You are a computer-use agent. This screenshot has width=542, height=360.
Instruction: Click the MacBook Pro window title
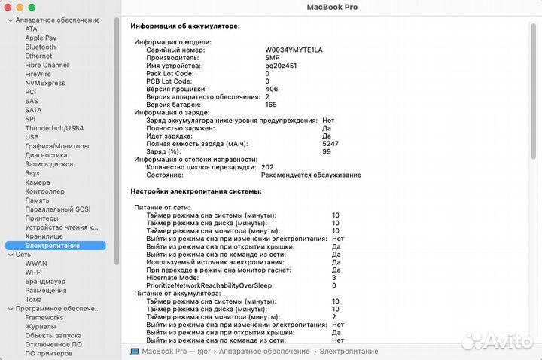(x=332, y=7)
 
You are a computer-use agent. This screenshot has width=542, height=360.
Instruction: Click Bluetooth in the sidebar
(x=41, y=47)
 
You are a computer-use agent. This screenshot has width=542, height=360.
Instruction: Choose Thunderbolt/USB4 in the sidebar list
(x=54, y=128)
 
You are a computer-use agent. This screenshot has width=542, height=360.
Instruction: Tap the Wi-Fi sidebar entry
(x=33, y=272)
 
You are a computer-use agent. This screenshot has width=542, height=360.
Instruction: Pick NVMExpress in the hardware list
(x=45, y=83)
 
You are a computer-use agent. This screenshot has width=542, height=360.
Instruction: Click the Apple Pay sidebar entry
(x=41, y=38)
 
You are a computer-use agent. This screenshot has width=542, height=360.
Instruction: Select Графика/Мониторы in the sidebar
(x=56, y=146)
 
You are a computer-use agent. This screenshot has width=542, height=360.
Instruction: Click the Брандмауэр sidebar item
(x=45, y=281)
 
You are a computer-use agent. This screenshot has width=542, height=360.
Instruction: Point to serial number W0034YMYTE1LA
(x=294, y=50)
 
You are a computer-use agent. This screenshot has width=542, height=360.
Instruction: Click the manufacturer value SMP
(x=272, y=57)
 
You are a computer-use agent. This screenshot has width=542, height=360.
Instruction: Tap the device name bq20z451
(x=282, y=66)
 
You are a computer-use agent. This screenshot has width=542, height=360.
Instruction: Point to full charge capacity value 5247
(x=330, y=143)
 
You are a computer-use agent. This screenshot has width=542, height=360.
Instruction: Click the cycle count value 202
(x=267, y=167)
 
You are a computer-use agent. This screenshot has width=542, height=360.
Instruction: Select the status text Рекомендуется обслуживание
(x=311, y=175)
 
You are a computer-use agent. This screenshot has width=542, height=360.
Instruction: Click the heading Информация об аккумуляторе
(x=184, y=26)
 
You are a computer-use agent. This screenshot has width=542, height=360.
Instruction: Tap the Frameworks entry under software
(x=44, y=318)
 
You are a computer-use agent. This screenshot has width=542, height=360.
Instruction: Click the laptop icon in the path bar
(x=135, y=352)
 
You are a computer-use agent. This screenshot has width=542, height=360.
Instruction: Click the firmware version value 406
(x=271, y=89)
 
